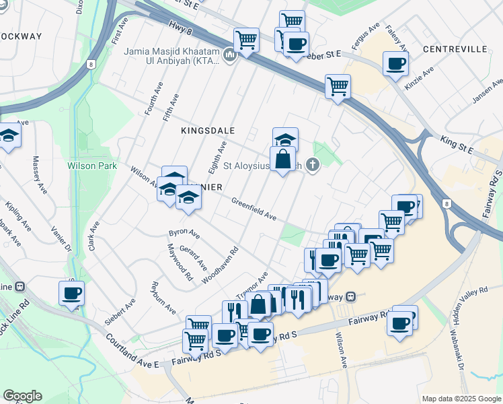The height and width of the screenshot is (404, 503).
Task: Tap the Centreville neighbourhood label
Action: (x=455, y=49)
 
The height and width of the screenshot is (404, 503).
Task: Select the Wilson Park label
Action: (x=92, y=166)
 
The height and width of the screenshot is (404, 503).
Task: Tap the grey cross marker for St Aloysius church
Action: (x=312, y=164)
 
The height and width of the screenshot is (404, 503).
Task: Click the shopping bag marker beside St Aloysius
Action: (x=283, y=160)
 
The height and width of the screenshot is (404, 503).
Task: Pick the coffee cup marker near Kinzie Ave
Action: (x=395, y=65)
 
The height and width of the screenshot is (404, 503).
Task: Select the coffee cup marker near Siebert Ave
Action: (x=71, y=294)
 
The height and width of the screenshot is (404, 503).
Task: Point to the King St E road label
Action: (x=457, y=144)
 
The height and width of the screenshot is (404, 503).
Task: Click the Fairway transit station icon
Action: (x=350, y=297)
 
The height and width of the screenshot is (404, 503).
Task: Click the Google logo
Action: (x=22, y=396)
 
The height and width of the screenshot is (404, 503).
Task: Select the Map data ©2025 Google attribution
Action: (x=461, y=399)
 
